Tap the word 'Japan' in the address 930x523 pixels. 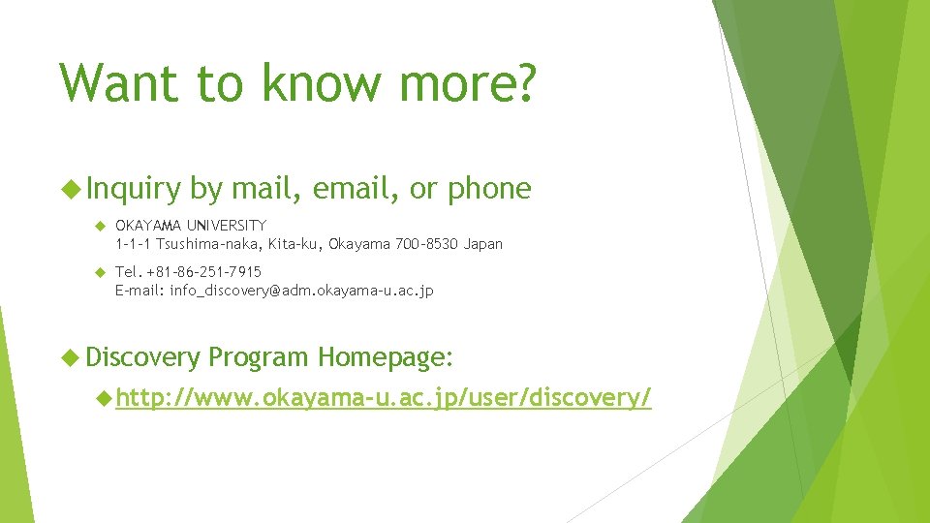(x=483, y=244)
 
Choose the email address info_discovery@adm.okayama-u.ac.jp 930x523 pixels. (x=301, y=291)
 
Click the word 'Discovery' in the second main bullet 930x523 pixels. (x=142, y=358)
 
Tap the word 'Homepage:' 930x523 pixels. (x=384, y=358)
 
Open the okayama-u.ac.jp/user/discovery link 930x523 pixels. (x=384, y=397)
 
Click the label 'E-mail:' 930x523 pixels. (x=139, y=291)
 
